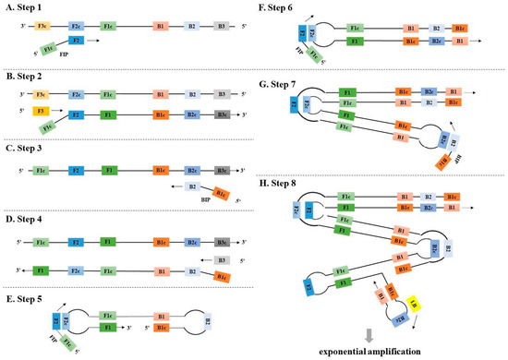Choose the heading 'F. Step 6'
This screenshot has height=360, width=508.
point(284,7)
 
